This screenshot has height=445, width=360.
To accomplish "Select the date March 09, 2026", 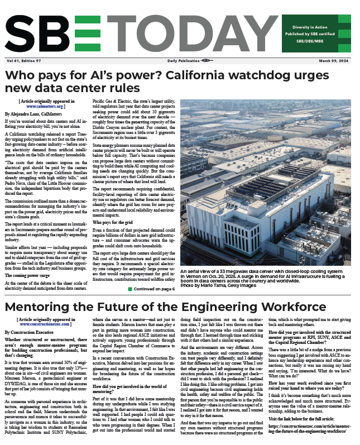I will pyautogui.click(x=333, y=60).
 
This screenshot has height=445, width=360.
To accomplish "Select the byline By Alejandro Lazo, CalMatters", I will pyautogui.click(x=39, y=113).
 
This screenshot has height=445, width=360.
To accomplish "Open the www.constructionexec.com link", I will pyautogui.click(x=46, y=323).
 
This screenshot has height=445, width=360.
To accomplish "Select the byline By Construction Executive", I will pyautogui.click(x=34, y=331).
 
